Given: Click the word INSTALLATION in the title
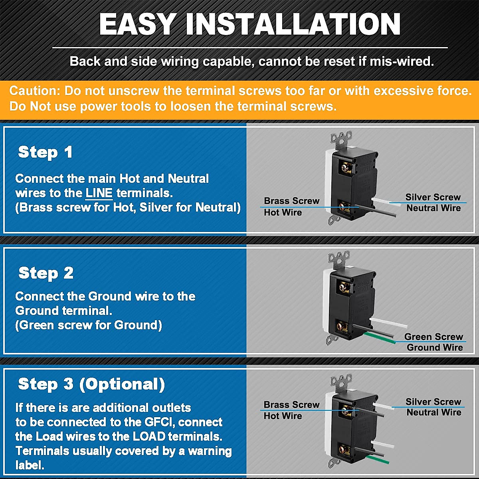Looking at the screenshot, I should tap(293, 25).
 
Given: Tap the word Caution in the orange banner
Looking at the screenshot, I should tap(34, 91).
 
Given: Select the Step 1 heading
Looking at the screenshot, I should tap(45, 152).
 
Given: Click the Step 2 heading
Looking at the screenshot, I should tap(46, 273).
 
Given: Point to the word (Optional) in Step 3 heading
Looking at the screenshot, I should tap(122, 384).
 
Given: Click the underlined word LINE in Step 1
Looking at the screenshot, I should tap(99, 193).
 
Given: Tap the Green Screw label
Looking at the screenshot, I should tap(433, 336).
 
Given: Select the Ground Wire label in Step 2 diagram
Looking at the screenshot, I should tap(435, 347).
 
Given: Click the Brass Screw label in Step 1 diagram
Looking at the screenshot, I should tap(291, 201).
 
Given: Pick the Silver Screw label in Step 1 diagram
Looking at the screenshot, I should tap(433, 197).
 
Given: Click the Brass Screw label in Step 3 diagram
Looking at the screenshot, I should tap(291, 405).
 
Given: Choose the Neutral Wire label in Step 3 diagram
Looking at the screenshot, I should tap(434, 412).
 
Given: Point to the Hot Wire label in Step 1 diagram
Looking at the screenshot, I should tap(283, 212).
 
